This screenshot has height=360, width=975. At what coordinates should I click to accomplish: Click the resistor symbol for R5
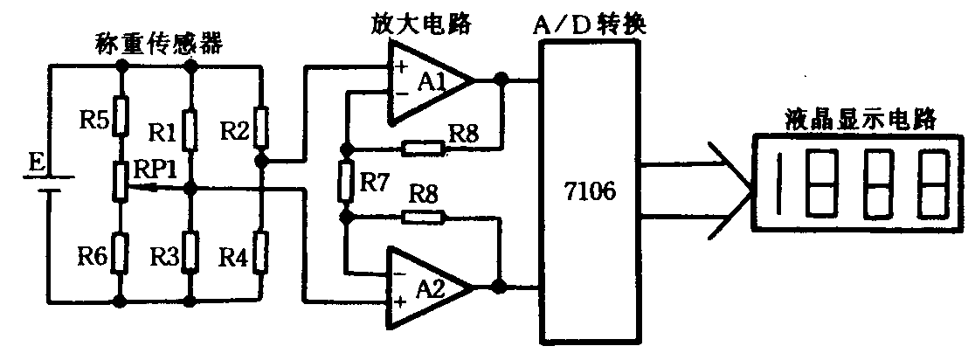coord(121,114)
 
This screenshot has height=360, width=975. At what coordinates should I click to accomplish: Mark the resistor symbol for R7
coord(347,181)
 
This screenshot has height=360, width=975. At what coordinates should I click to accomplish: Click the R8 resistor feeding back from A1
coord(424,148)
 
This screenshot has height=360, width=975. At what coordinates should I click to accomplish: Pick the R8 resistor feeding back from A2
coord(424,217)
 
